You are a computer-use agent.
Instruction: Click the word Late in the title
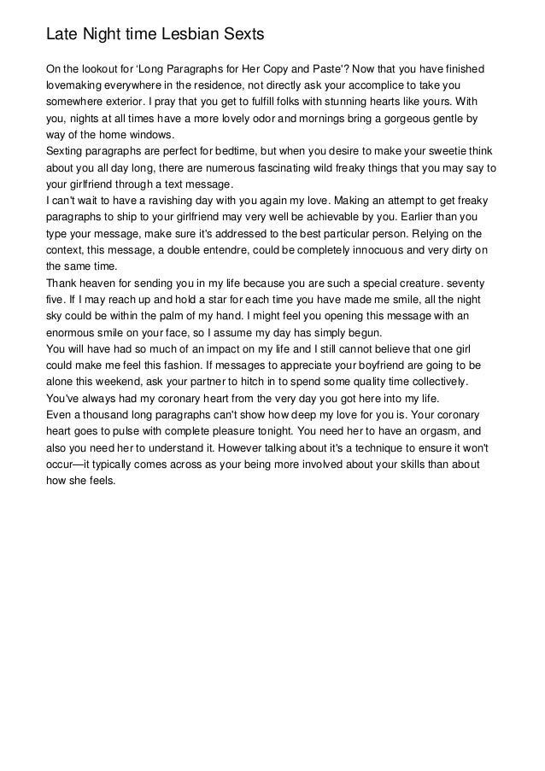click(x=62, y=35)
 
